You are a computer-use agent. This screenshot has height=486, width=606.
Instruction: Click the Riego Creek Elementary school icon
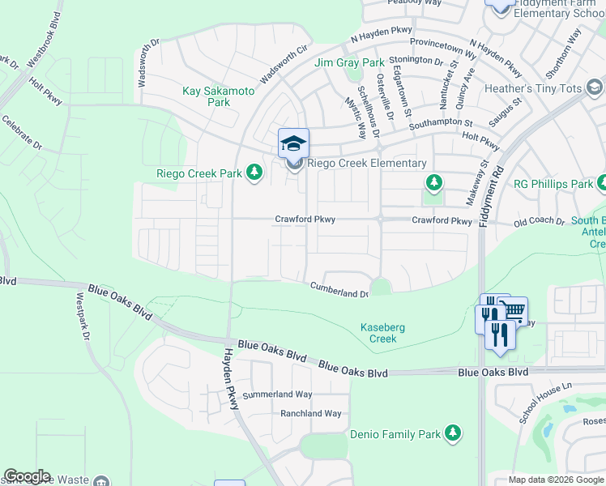coord(293,144)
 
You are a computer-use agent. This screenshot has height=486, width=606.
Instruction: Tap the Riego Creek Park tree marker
coord(254,173)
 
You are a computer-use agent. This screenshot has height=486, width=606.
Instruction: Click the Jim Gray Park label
coord(349,62)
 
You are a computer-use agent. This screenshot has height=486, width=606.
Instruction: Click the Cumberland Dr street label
coord(339,290)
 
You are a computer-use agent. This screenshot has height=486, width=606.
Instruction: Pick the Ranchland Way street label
coord(310,413)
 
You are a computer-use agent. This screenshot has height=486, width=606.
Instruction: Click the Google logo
coord(26,476)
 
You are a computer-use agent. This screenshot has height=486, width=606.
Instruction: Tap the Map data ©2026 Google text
coord(556,480)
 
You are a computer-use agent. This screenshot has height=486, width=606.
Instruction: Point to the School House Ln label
coord(546,402)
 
